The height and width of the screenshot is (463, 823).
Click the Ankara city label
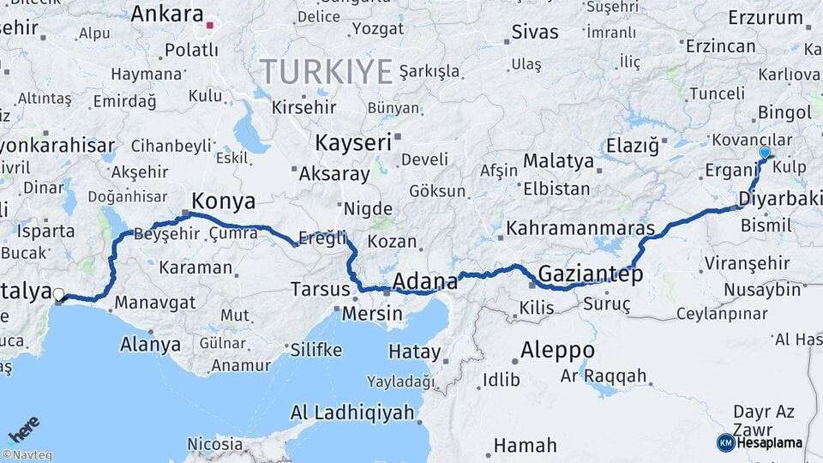tap(166, 15)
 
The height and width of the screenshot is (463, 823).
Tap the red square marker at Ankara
tap(209, 25)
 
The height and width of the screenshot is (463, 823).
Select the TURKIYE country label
tap(327, 70)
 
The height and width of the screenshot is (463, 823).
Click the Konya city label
tap(224, 201)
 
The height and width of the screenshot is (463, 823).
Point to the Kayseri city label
tap(352, 142)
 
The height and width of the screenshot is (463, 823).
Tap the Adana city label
tap(425, 280)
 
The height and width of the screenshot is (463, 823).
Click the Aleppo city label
tap(557, 350)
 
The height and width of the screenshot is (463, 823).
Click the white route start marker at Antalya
tap(58, 296)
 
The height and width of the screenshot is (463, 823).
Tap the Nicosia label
tap(214, 444)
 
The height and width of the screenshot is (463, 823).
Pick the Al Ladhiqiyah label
tap(352, 413)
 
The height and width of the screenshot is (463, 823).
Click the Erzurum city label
tap(766, 17)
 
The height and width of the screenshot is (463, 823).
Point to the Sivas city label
tap(534, 33)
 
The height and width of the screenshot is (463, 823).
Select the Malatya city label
tap(558, 160)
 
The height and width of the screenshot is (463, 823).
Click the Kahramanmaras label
tap(580, 229)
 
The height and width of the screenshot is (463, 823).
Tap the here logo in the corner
tap(23, 430)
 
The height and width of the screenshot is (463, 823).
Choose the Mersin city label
tap(372, 313)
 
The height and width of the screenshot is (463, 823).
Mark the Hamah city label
tap(526, 446)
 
